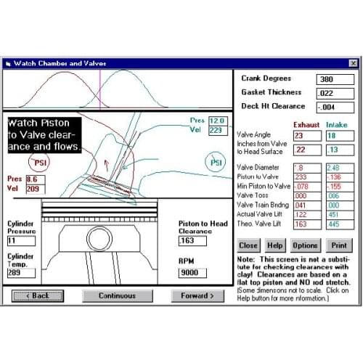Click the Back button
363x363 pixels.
tap(36, 295)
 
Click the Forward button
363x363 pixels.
tap(197, 295)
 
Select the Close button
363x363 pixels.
tap(248, 245)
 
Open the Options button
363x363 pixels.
tap(304, 245)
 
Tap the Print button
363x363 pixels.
tap(338, 245)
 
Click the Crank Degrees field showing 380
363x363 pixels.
tap(334, 78)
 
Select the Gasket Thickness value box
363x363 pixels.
tap(334, 93)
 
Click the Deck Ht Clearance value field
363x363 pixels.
tap(334, 107)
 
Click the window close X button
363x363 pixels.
tap(353, 64)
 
